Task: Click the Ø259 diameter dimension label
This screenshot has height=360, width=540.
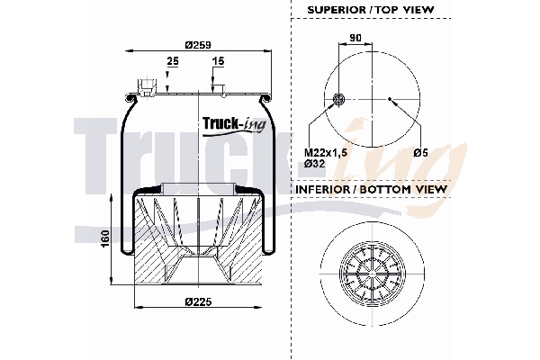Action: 197,45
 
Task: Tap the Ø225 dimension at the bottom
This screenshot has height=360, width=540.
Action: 197,301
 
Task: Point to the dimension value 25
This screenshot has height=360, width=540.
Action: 171,61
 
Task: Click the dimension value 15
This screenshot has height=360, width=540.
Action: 217,61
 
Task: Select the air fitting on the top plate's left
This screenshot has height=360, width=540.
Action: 144,87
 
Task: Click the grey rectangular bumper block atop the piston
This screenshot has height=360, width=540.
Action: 197,188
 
